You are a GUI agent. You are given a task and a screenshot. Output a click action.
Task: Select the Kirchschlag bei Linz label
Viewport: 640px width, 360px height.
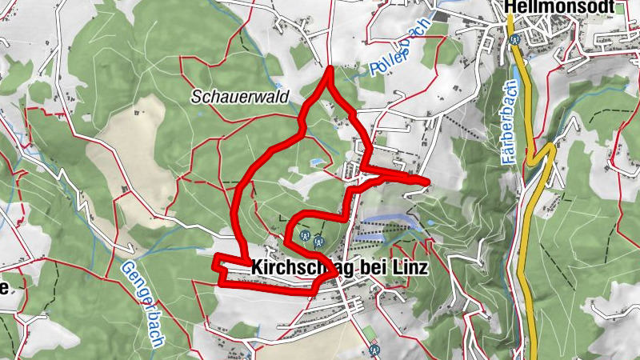339,268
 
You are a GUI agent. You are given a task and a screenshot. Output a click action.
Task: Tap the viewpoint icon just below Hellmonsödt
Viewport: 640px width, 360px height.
515,38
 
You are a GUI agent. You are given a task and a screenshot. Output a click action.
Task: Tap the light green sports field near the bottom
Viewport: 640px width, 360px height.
368,331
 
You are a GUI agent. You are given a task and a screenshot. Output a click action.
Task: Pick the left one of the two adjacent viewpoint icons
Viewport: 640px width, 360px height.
305,236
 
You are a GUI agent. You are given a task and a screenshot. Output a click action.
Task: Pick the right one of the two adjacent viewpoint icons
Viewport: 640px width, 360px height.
319,238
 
